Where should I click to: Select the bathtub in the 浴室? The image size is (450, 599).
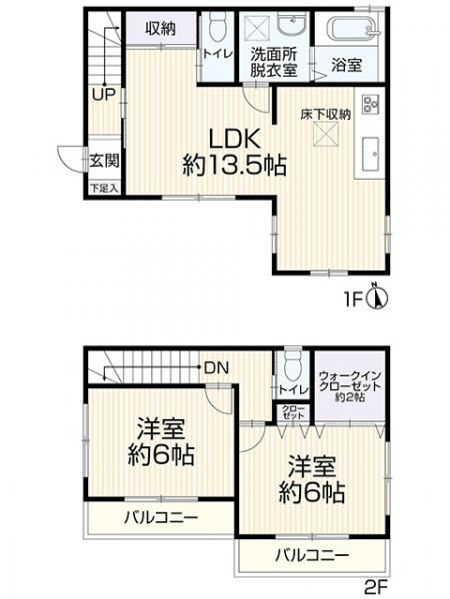tap(350, 29)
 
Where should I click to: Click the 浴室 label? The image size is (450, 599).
tap(348, 62)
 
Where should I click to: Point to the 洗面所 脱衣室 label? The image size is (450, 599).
tap(274, 62)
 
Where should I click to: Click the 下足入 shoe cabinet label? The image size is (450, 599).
tap(102, 187)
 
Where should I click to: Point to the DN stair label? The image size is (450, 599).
tap(216, 366)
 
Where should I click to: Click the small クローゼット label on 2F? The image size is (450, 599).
tap(293, 413)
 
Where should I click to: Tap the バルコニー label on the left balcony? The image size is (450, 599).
tap(160, 518)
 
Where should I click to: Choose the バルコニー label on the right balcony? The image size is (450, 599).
tap(312, 555)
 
